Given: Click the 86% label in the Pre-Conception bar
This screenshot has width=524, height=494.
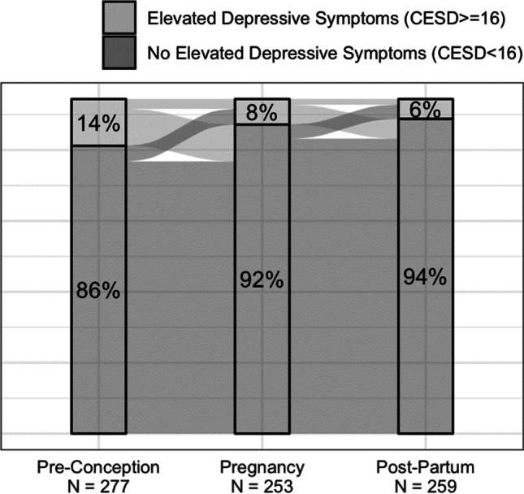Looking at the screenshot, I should coord(97,290).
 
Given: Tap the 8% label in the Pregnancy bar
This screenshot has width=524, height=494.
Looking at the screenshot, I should coord(261,112).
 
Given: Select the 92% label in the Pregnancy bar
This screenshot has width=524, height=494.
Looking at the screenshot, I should coord(261,280).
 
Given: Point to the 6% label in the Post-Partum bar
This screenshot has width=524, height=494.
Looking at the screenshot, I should coord(424,109).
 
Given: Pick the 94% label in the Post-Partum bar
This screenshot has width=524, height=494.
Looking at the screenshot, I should coord(424,277).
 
